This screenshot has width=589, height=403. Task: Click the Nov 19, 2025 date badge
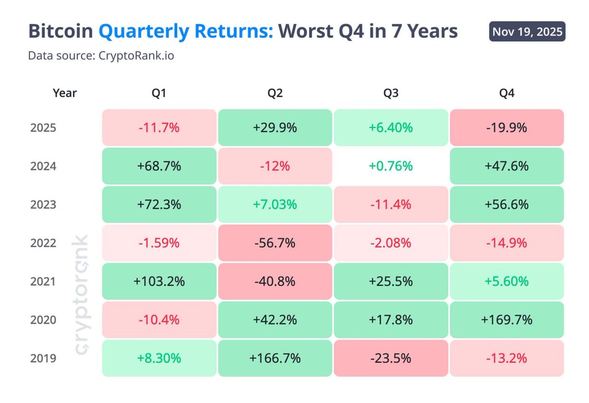[527, 32]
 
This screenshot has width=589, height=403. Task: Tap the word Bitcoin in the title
[61, 31]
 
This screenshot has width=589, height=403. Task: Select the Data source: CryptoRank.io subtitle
[101, 56]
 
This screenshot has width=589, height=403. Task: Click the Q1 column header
[159, 93]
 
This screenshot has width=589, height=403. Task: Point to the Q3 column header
[391, 93]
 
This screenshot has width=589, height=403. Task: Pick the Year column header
[65, 93]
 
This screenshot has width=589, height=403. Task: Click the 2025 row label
[43, 128]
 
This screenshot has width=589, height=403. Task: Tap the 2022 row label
[43, 243]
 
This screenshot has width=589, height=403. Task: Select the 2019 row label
[43, 358]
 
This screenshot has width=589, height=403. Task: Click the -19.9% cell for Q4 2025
[507, 128]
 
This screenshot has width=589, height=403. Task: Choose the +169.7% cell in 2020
[507, 320]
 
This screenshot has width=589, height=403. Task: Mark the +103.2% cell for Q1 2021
[159, 282]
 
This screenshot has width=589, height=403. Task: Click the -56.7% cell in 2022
[275, 243]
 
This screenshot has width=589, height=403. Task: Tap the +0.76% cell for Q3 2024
[391, 166]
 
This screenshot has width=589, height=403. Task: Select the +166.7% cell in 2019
[275, 358]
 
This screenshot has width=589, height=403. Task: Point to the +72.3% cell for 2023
[159, 204]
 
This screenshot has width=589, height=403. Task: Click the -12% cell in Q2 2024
[275, 166]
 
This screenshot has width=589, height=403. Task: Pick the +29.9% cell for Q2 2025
[275, 128]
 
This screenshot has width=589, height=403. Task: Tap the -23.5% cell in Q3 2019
[391, 358]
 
